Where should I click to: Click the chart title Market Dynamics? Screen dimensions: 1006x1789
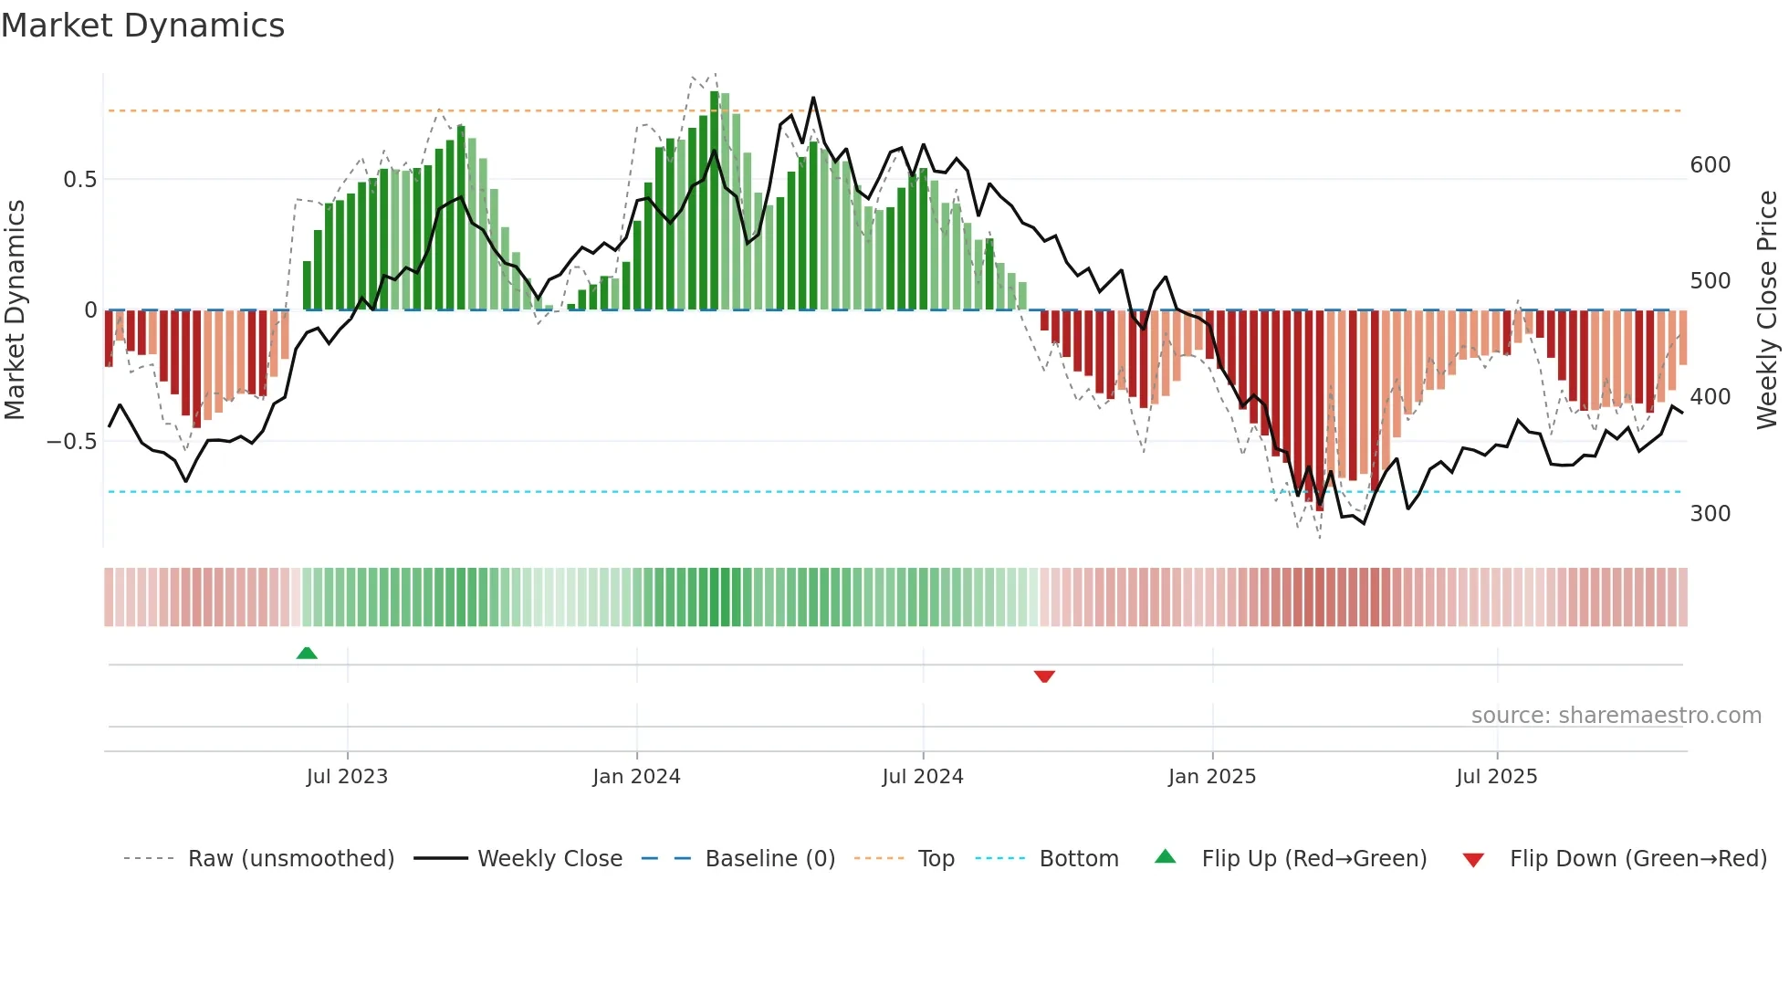[x=143, y=26]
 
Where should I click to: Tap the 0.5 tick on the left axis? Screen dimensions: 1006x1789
[x=79, y=180]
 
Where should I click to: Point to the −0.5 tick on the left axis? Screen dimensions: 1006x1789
[x=72, y=442]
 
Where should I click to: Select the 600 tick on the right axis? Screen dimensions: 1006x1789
[x=1710, y=165]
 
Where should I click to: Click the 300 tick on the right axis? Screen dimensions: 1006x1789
[x=1710, y=514]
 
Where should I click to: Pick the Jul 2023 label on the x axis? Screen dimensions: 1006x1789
[x=347, y=777]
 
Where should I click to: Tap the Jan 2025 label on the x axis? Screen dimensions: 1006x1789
[x=1212, y=777]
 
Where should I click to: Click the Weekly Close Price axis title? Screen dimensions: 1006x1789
[x=1767, y=310]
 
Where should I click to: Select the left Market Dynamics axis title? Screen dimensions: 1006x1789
[x=15, y=310]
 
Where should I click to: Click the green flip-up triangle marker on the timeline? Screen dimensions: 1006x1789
[x=307, y=654]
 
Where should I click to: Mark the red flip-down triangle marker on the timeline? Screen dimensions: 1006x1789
[x=1044, y=676]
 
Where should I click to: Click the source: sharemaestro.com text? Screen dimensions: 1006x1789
[x=1616, y=716]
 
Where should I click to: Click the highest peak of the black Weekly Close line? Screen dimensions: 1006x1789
[x=813, y=99]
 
